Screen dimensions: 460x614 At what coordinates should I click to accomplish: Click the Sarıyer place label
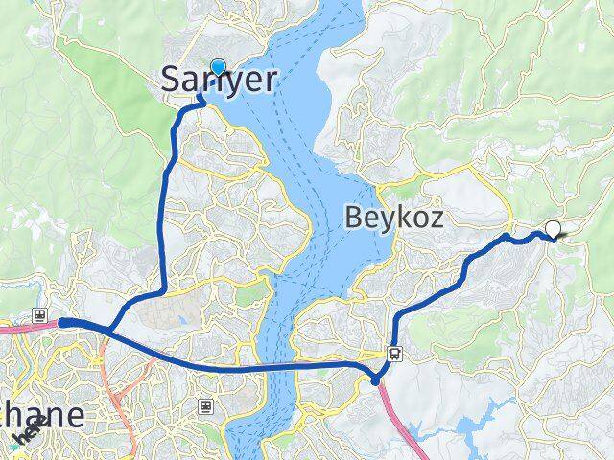(x=218, y=81)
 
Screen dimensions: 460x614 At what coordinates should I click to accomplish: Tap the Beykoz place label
(x=394, y=218)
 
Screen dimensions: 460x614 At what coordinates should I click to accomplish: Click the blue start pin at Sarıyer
(x=218, y=67)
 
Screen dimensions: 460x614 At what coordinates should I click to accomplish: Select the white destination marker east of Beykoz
(x=553, y=228)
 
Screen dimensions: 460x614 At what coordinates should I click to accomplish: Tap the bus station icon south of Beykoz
(x=394, y=353)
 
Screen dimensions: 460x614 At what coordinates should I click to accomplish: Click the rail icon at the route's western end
(x=40, y=315)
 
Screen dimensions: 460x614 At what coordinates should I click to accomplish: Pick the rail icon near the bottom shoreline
(x=205, y=405)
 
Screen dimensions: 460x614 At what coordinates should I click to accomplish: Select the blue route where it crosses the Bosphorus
(x=278, y=367)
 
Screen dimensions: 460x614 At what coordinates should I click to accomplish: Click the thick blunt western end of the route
(x=63, y=323)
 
